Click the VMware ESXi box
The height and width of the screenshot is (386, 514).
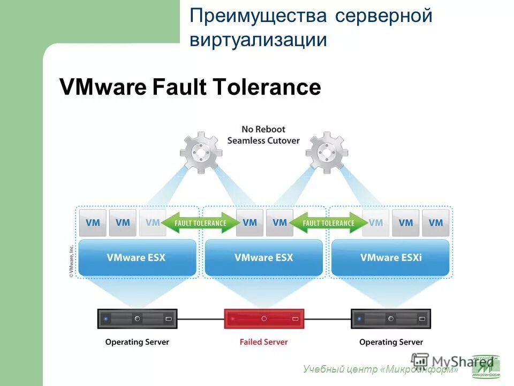390,257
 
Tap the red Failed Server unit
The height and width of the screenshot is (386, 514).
263,318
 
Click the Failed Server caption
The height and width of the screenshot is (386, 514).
263,342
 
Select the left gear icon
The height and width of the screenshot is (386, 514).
201,152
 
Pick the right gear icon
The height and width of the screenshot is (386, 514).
327,152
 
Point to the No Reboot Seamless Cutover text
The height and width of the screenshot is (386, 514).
263,135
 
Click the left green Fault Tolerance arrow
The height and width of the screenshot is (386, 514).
201,223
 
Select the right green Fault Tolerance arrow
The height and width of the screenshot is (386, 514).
328,223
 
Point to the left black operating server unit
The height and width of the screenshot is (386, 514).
137,318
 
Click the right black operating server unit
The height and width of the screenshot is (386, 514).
391,318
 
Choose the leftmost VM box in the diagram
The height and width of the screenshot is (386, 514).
93,222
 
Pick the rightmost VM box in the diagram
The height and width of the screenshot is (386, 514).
435,222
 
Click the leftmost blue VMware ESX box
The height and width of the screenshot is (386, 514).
137,257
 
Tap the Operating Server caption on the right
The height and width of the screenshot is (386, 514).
391,342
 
